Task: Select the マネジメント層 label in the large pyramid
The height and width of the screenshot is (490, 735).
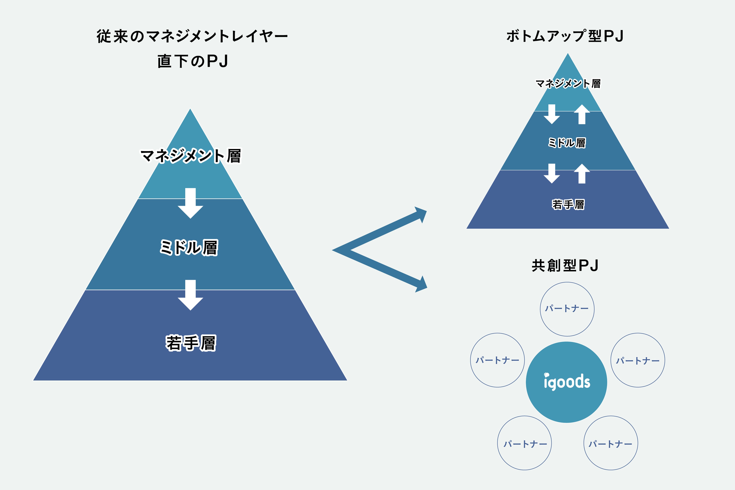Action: pyautogui.click(x=191, y=156)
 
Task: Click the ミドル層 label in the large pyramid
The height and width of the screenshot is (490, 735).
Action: pyautogui.click(x=189, y=247)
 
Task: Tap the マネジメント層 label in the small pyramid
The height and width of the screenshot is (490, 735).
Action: pyautogui.click(x=568, y=83)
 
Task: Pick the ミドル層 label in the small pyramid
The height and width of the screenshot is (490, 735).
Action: pyautogui.click(x=567, y=142)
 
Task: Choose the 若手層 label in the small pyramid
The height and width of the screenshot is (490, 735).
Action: pyautogui.click(x=568, y=204)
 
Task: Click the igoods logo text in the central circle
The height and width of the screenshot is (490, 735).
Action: pyautogui.click(x=567, y=382)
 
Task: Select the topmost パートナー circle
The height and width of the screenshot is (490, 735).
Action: pyautogui.click(x=567, y=309)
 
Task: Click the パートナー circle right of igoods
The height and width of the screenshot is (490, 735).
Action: pyautogui.click(x=638, y=360)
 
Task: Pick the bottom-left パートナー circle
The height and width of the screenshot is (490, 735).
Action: pyautogui.click(x=524, y=443)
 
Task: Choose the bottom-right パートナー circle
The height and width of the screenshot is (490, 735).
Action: pyautogui.click(x=611, y=443)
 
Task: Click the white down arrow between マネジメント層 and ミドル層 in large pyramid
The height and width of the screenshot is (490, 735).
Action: pyautogui.click(x=190, y=203)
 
